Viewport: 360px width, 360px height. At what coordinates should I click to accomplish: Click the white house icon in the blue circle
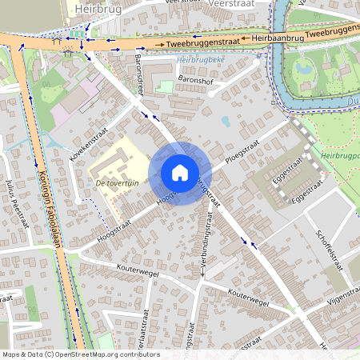click(x=180, y=173)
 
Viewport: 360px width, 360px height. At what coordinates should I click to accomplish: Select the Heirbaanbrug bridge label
click(x=277, y=38)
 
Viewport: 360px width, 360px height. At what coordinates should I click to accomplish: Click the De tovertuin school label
click(x=118, y=183)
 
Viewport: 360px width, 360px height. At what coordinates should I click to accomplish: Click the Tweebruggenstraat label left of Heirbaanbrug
click(x=205, y=42)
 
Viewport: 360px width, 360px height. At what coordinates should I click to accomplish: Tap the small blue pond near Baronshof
click(x=226, y=122)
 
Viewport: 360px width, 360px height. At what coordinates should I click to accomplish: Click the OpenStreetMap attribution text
click(x=80, y=354)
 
